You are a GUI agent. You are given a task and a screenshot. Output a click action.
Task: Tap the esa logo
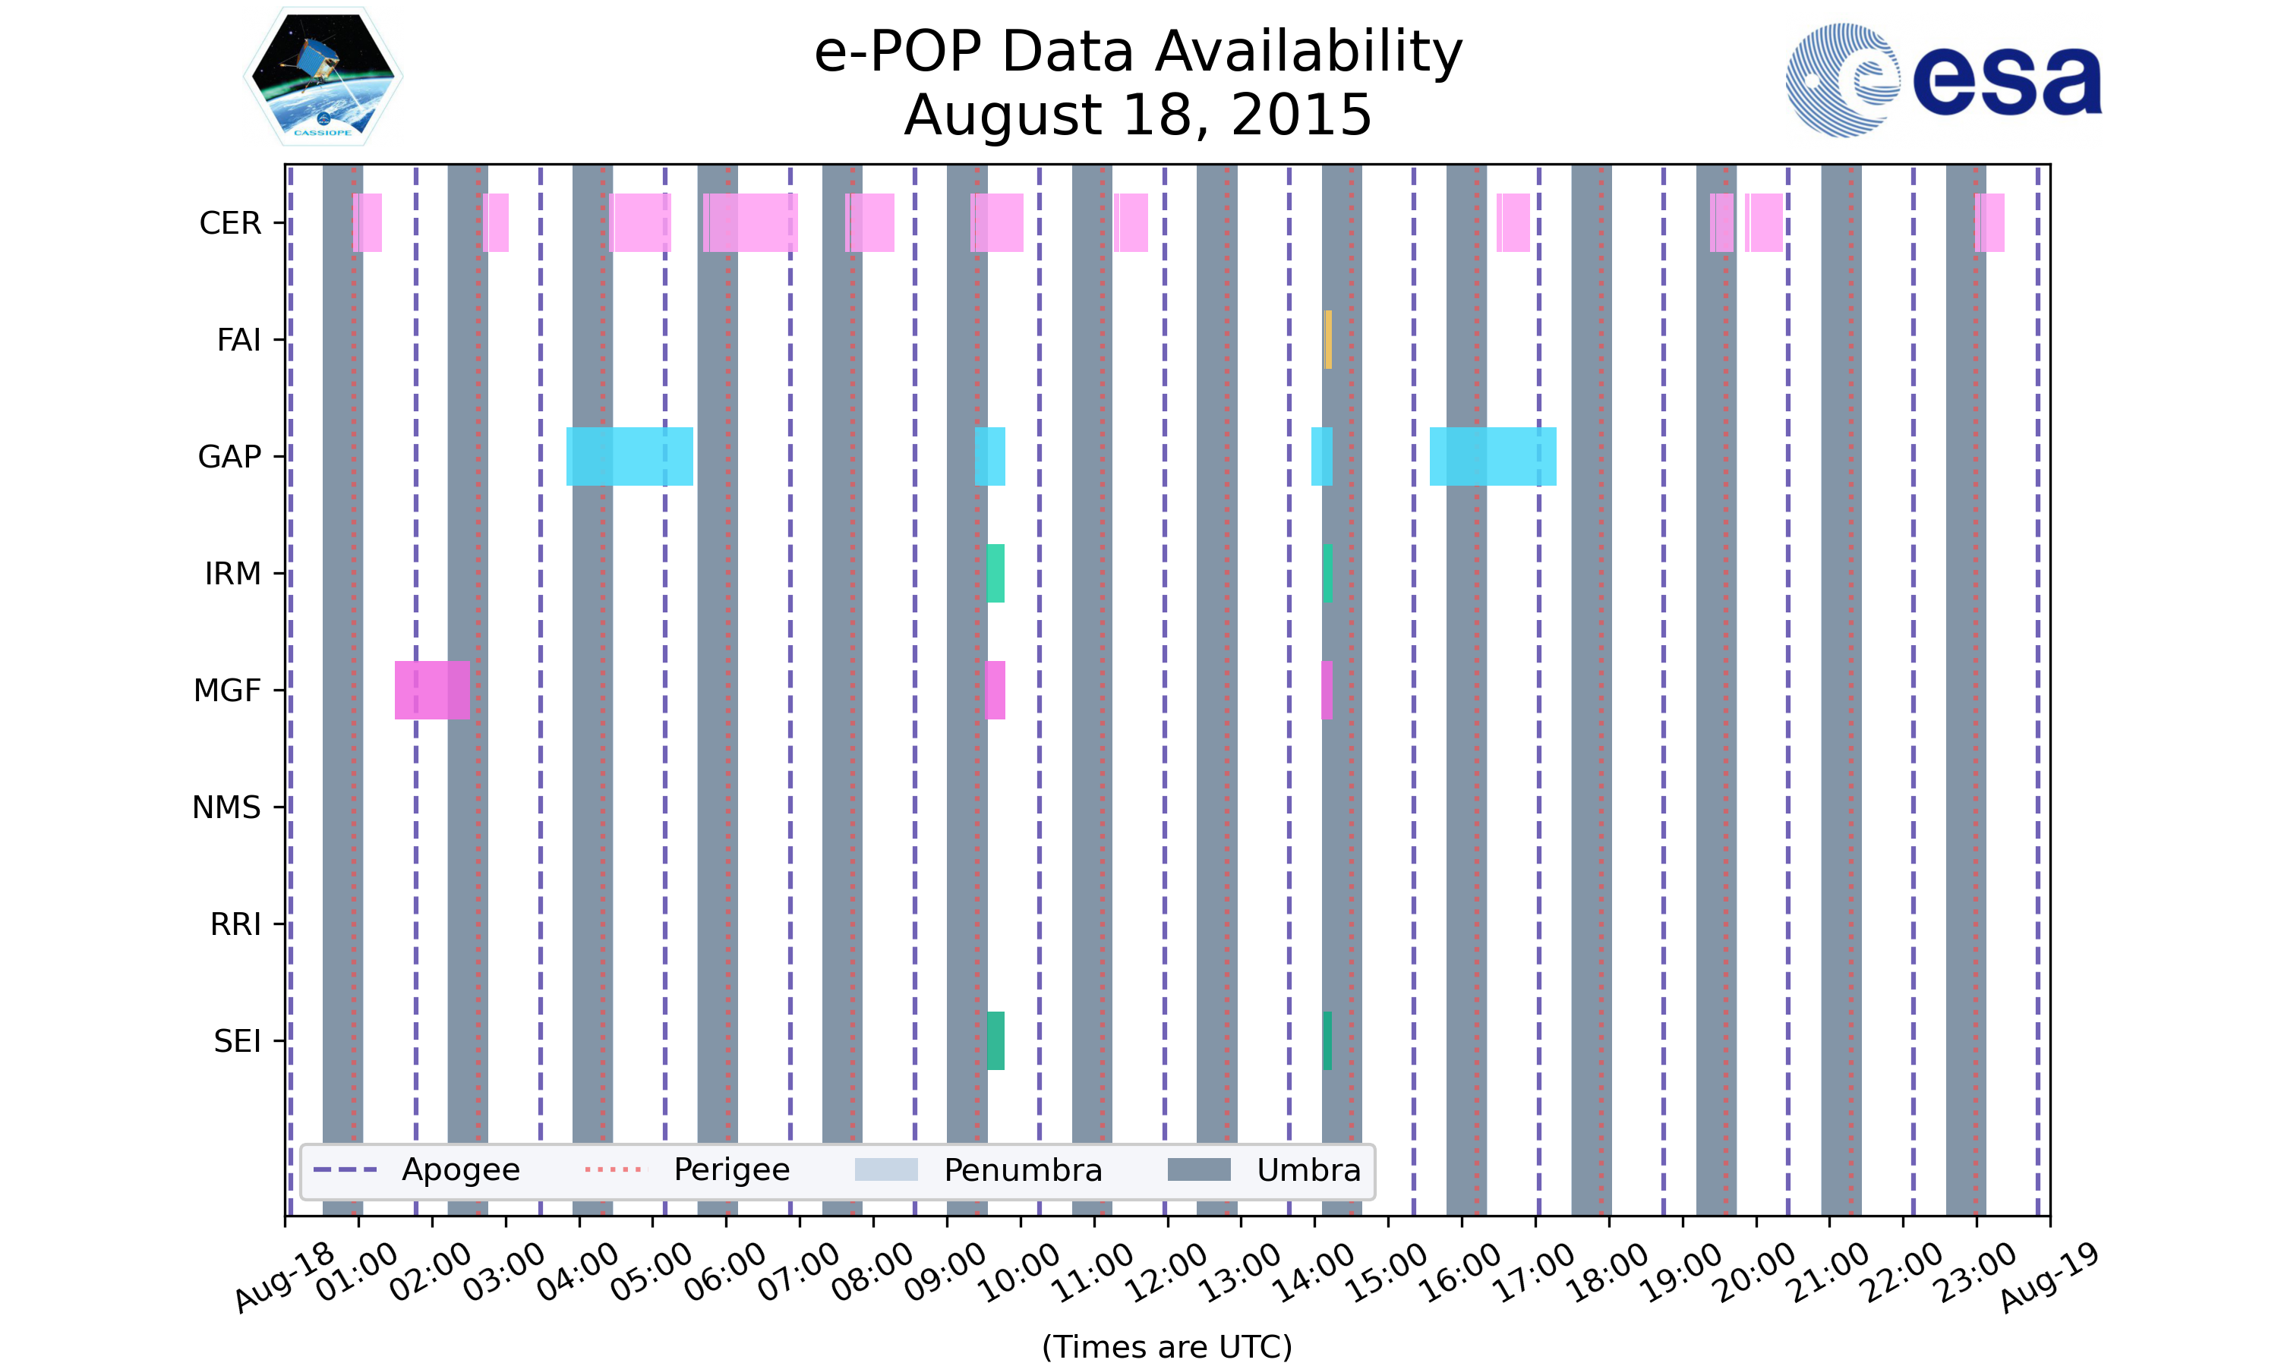coord(1943,80)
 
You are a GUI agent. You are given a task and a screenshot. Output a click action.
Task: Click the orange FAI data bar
coord(1328,340)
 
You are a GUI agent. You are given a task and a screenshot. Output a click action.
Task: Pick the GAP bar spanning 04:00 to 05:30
coord(629,457)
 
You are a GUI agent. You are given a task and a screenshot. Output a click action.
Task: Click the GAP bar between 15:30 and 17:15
coord(1493,457)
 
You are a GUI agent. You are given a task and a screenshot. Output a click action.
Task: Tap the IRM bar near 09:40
coord(995,574)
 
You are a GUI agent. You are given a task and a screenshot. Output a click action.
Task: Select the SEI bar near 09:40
coord(995,1040)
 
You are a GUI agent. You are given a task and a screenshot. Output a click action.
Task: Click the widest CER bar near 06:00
coord(750,223)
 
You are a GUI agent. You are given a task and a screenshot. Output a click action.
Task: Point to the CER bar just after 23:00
coord(1989,223)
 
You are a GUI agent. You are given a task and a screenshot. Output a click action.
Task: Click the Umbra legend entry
coord(1264,1170)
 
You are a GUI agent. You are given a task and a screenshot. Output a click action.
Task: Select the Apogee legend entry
coord(416,1170)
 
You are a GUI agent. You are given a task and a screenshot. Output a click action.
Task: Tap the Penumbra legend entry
coord(978,1170)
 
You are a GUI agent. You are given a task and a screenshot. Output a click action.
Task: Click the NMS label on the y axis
coord(226,807)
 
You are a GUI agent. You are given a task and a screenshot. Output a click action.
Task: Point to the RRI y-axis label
coord(235,924)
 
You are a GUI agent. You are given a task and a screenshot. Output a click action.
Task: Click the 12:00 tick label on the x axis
coord(1168,1273)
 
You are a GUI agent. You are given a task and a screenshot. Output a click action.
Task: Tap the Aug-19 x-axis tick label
coord(2049,1278)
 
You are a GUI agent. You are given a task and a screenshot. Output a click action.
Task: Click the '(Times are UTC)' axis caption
coord(1166,1347)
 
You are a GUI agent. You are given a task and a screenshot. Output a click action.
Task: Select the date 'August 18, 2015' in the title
coord(1138,115)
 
